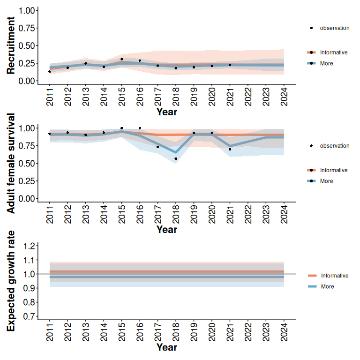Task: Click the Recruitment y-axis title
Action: [11, 45]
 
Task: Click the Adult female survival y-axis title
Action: [11, 163]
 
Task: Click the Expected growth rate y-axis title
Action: [11, 281]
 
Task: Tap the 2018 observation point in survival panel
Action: [176, 159]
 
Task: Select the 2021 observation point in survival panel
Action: [230, 149]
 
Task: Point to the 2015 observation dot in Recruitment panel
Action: [121, 59]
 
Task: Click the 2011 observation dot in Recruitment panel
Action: [50, 71]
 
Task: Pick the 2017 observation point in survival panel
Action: [158, 147]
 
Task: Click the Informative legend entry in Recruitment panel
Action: [333, 52]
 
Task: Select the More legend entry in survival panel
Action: [326, 181]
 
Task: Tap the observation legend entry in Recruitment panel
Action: [334, 28]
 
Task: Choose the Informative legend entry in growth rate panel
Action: [334, 276]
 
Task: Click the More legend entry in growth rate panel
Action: [327, 286]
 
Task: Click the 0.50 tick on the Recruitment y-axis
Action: [27, 45]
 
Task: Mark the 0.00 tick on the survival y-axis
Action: [27, 198]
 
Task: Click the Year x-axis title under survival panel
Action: [166, 230]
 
